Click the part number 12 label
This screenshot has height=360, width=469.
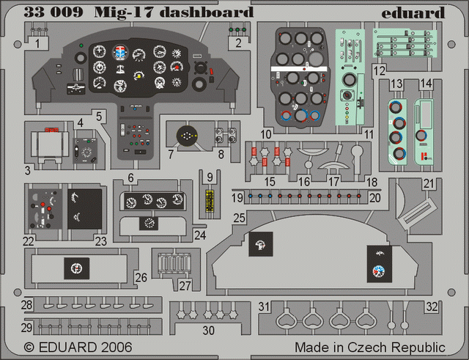coord(379,71)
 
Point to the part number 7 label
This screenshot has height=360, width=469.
coord(170,154)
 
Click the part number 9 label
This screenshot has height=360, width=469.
coord(210,177)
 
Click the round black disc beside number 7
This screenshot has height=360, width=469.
coord(188,137)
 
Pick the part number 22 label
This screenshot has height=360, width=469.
coord(28,239)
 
